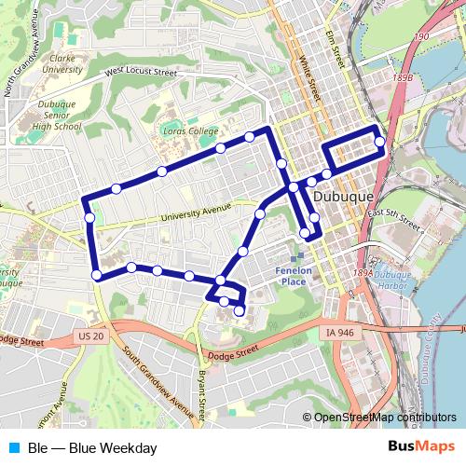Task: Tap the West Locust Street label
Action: pyautogui.click(x=141, y=71)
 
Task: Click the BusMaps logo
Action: pyautogui.click(x=421, y=447)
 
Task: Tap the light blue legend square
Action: pyautogui.click(x=13, y=447)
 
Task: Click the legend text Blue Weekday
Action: pyautogui.click(x=92, y=447)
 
